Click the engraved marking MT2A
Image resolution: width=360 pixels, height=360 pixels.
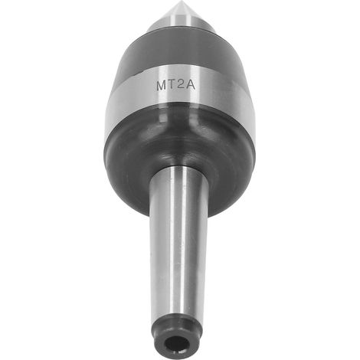point(175,85)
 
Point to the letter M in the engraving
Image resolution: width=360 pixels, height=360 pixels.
point(162,86)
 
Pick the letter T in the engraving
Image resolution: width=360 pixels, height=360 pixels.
point(172,85)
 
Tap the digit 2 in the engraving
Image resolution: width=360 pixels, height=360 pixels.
point(182,85)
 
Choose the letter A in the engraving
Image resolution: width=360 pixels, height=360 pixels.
point(191,85)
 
